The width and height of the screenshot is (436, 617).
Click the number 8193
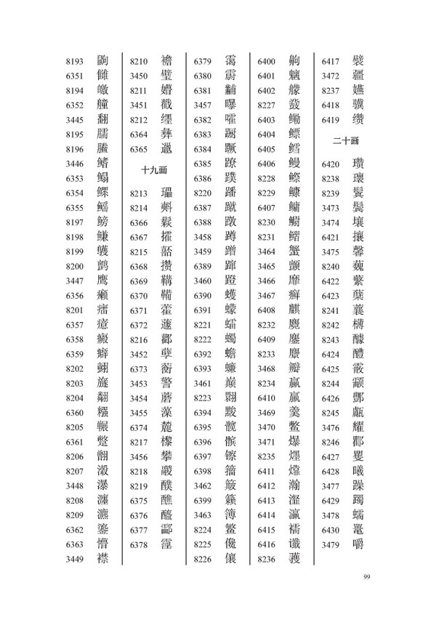[76, 61]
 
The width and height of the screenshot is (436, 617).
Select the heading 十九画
[154, 170]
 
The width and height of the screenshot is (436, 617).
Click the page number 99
[367, 577]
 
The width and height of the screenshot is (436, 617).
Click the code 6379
[203, 61]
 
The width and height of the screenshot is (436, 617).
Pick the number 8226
[203, 559]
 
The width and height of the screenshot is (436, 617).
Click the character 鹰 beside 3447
[102, 280]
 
